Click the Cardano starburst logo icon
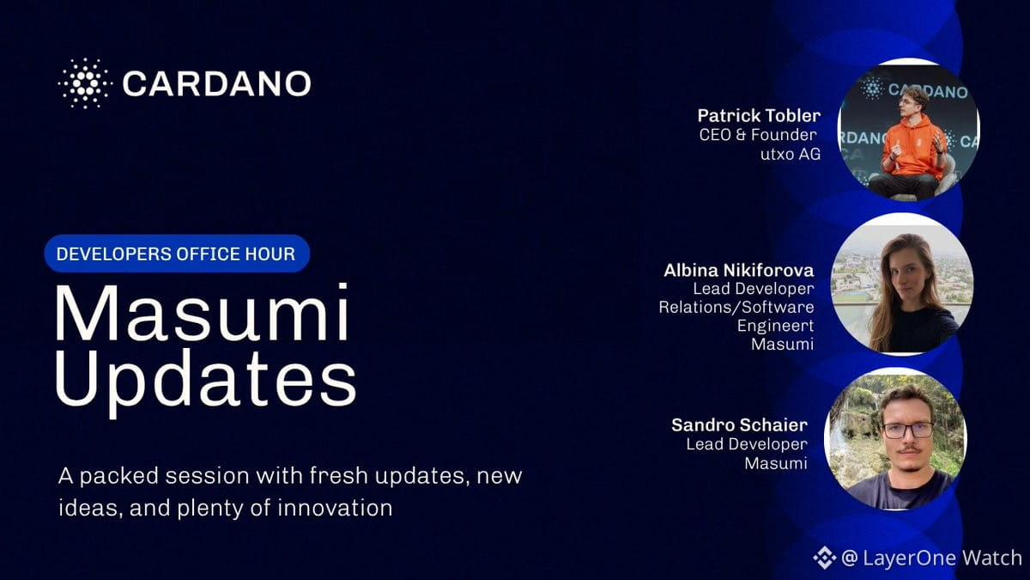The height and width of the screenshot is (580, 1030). (85, 83)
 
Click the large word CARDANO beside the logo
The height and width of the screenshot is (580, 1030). (216, 84)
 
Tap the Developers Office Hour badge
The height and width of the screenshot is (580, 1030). (177, 253)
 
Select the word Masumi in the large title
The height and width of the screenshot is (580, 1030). (202, 313)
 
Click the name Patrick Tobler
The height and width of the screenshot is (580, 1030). (759, 115)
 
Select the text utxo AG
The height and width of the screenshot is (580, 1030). (791, 154)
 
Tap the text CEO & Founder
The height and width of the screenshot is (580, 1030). (758, 135)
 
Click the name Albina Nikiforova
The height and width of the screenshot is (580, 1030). (738, 270)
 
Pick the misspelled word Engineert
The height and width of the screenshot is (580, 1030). (775, 326)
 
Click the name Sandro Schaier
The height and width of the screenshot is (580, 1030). (739, 424)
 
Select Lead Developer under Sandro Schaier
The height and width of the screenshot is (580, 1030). (747, 444)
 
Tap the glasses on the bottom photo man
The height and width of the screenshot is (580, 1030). (908, 430)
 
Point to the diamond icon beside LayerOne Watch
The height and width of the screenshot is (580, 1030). (825, 558)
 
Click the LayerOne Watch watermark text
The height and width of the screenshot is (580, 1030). (931, 558)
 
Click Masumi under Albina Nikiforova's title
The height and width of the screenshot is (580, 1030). (782, 344)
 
